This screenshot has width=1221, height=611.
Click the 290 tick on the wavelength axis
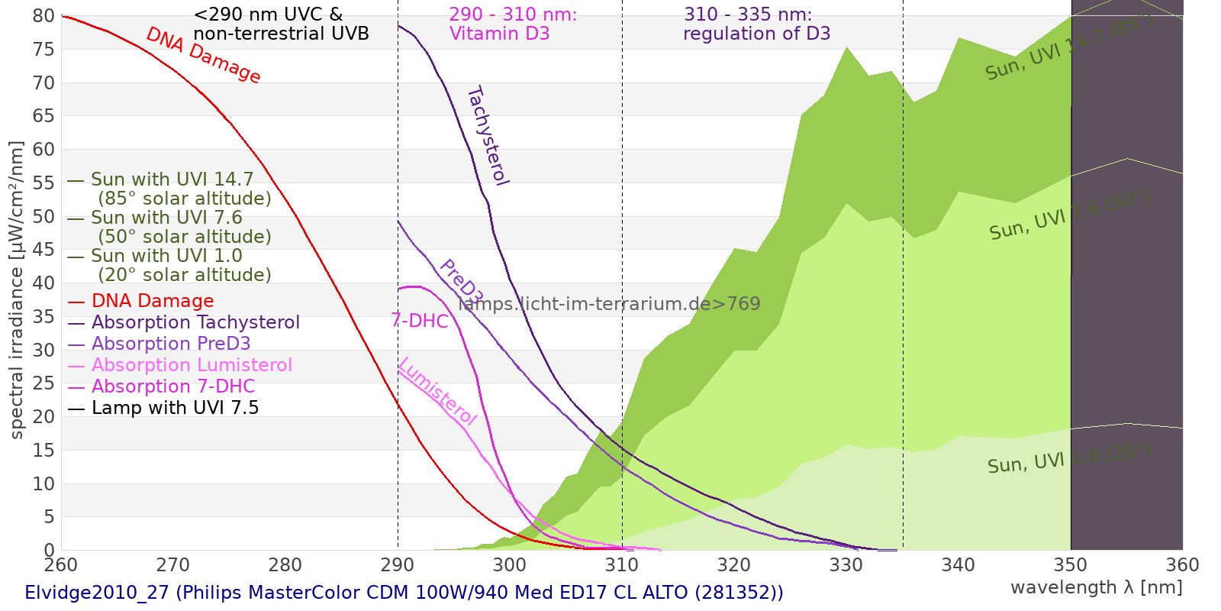pyautogui.click(x=398, y=565)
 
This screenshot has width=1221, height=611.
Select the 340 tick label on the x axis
pyautogui.click(x=958, y=565)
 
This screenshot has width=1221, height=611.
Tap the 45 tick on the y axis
pyautogui.click(x=44, y=250)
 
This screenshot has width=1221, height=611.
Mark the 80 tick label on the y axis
pyautogui.click(x=44, y=16)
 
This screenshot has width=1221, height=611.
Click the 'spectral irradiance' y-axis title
pyautogui.click(x=17, y=289)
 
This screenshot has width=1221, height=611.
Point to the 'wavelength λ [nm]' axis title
pyautogui.click(x=1096, y=587)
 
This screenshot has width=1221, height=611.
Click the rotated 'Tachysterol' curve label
pyautogui.click(x=488, y=135)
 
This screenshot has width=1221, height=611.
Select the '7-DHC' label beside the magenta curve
pyautogui.click(x=420, y=321)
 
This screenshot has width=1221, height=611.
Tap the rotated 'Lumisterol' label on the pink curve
pyautogui.click(x=437, y=391)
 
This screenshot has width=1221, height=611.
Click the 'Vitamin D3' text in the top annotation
pyautogui.click(x=499, y=34)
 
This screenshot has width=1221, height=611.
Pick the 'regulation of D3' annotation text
pyautogui.click(x=756, y=34)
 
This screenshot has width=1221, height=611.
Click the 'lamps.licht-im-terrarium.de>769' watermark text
pyautogui.click(x=609, y=304)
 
